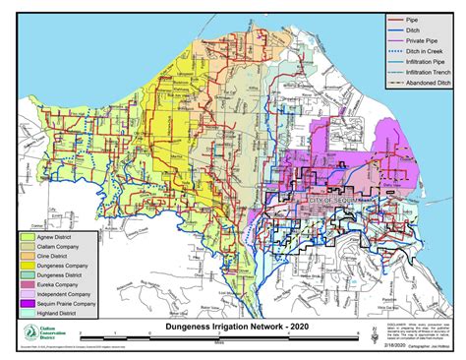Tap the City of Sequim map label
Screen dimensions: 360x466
332,201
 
